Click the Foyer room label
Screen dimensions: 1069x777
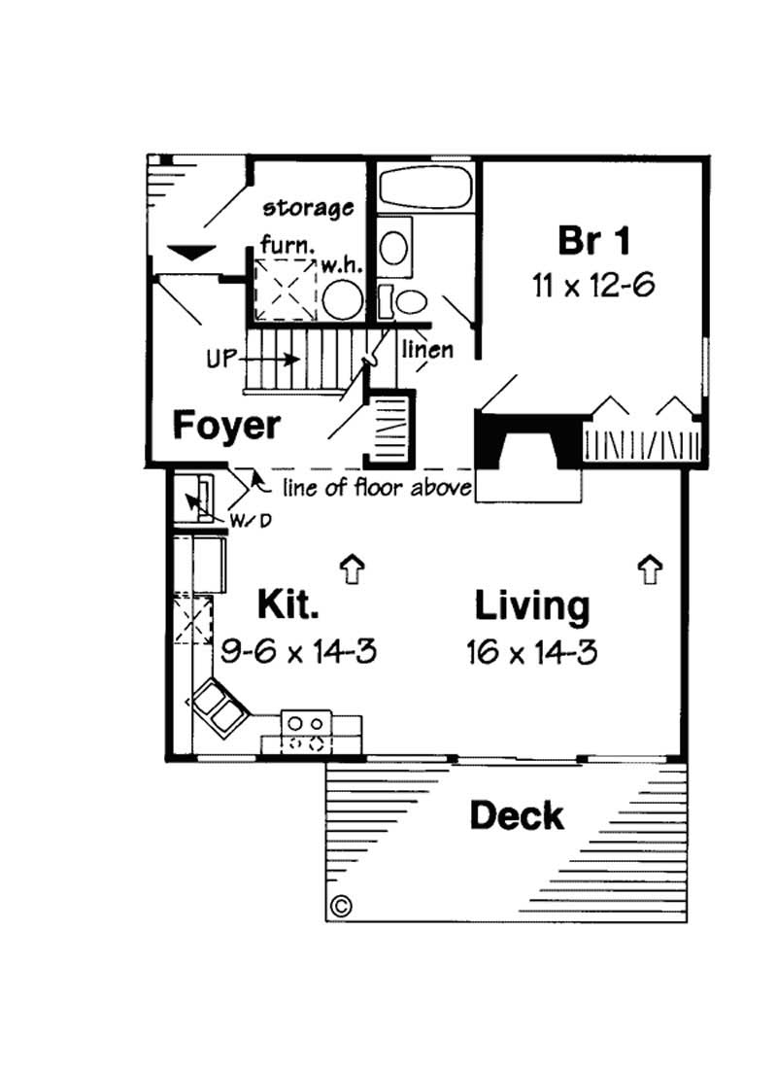pyautogui.click(x=227, y=426)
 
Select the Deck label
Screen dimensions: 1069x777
pyautogui.click(x=516, y=815)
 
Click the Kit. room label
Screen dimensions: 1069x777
pyautogui.click(x=287, y=604)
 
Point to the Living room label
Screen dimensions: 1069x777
pyautogui.click(x=531, y=605)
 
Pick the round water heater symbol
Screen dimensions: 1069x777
pyautogui.click(x=342, y=300)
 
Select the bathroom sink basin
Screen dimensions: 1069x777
pyautogui.click(x=394, y=247)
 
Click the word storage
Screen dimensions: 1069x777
pyautogui.click(x=308, y=207)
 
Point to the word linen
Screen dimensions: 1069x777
pyautogui.click(x=427, y=349)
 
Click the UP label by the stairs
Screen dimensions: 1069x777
pyautogui.click(x=221, y=357)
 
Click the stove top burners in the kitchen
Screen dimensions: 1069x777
pyautogui.click(x=307, y=734)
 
